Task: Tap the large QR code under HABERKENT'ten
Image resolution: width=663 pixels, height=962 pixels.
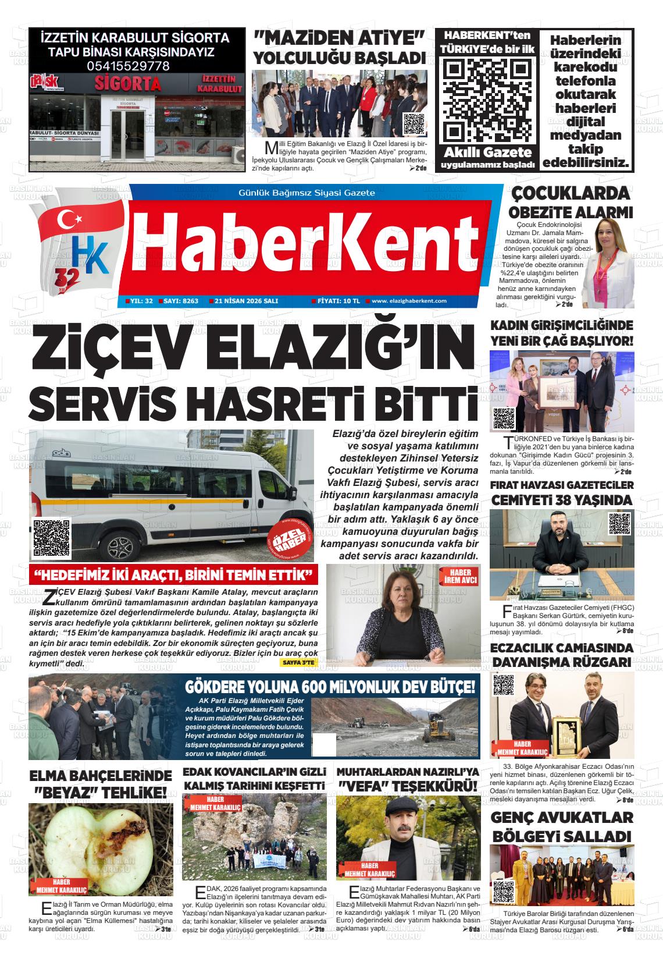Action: tap(487, 101)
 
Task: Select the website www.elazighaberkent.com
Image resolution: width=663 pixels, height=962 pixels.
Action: tap(409, 301)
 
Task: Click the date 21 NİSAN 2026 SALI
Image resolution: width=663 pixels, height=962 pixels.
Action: tap(246, 301)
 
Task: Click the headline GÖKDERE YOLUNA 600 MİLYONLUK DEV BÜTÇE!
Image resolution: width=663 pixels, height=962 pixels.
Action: tap(330, 686)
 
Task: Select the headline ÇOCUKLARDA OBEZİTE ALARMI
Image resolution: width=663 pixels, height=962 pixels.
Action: tap(570, 201)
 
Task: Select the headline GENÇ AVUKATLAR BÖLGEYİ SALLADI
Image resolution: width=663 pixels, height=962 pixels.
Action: tap(562, 826)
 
